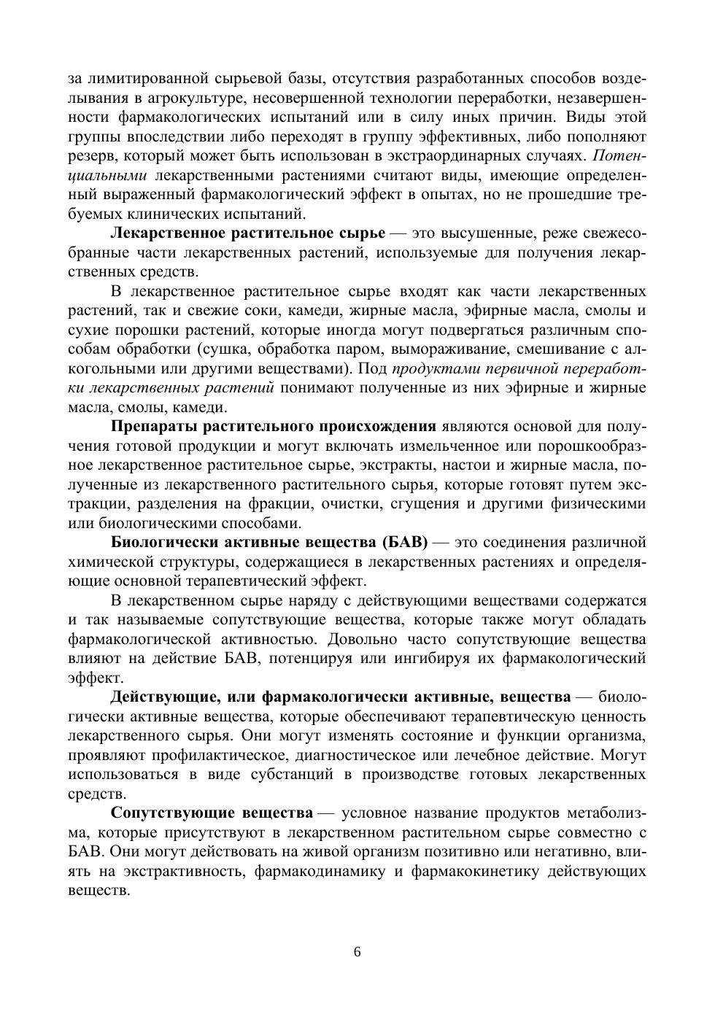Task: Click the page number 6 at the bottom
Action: [x=357, y=952]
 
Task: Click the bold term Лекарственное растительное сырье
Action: [x=247, y=233]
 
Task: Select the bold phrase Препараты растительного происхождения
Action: [x=274, y=427]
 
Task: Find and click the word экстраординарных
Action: [x=447, y=156]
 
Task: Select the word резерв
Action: [x=93, y=156]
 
